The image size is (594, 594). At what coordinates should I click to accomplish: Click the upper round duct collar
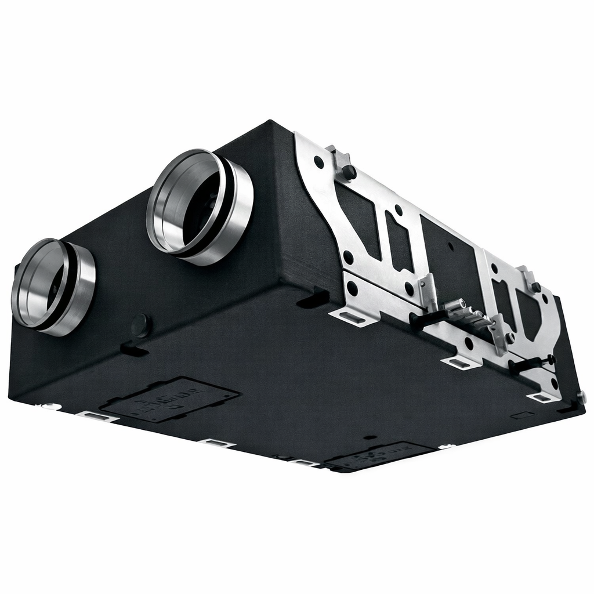click(x=200, y=206)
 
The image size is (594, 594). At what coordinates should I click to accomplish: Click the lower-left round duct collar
click(x=53, y=287)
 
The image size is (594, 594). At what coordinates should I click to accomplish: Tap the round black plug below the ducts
click(x=141, y=325)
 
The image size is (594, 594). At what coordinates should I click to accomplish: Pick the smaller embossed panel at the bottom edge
click(x=380, y=456)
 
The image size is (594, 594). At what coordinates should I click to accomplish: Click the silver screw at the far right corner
click(x=581, y=397)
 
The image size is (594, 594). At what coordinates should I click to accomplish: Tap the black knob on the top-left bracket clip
click(x=349, y=172)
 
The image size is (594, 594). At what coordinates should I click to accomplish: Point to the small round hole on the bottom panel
click(x=367, y=437)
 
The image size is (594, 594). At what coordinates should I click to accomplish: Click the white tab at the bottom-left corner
click(x=49, y=405)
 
